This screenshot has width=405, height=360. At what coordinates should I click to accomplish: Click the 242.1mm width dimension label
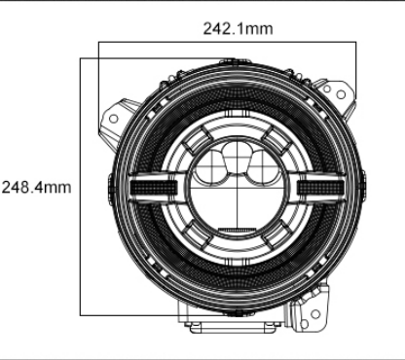tap(238, 28)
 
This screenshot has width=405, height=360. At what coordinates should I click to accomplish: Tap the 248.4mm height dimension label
tap(36, 188)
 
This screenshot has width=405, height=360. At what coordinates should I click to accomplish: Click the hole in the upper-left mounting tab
tap(113, 119)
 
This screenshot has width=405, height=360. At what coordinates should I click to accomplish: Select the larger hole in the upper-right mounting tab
tap(341, 94)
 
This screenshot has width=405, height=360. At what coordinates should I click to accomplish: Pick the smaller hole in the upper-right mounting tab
tap(327, 89)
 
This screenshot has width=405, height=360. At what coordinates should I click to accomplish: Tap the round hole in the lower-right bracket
tap(315, 314)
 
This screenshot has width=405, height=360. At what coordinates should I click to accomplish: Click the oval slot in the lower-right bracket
tap(304, 324)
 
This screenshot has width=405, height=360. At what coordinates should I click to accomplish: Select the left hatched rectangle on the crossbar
tap(154, 187)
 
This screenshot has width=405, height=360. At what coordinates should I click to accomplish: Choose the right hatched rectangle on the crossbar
tap(320, 187)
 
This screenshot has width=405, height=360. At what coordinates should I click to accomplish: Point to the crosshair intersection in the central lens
tap(238, 188)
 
